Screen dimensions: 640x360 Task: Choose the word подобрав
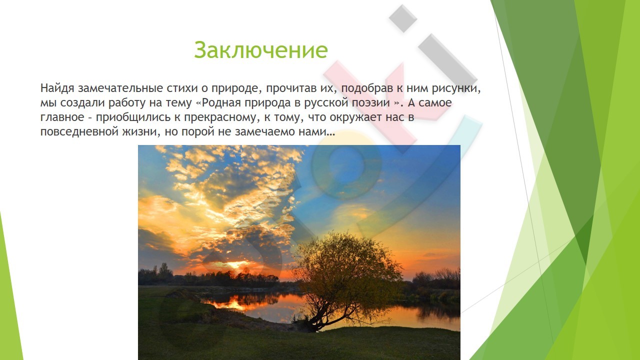coord(367,89)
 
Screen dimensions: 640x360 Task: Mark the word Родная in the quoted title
coord(221,103)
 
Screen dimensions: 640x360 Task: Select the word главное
coord(62,117)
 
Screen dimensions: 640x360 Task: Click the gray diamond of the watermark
coord(403,18)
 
